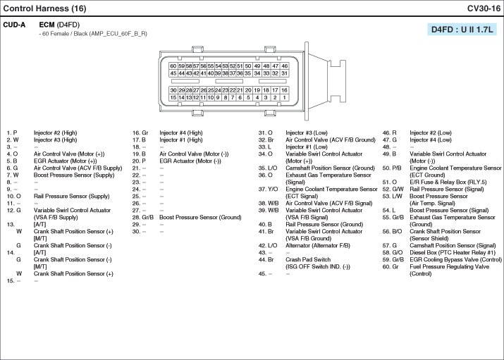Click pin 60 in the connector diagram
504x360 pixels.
point(173,66)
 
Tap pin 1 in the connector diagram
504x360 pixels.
point(284,97)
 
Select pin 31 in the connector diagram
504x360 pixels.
point(284,73)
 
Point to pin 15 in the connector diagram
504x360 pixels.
point(173,97)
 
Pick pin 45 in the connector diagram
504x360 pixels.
point(173,73)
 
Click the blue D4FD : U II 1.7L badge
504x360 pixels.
point(462,30)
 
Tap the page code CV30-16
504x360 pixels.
point(484,8)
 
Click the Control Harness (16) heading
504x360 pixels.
point(44,8)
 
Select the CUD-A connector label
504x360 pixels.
point(14,25)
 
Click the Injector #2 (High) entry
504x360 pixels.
point(55,133)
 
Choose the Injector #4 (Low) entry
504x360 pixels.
point(431,140)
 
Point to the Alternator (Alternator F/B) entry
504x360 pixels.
point(318,246)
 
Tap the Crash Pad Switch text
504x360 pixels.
point(308,259)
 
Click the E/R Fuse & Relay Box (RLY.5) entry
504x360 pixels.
point(448,182)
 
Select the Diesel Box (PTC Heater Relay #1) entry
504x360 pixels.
point(453,253)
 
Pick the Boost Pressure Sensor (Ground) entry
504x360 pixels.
point(200,218)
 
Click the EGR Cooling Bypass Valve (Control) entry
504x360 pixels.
point(455,260)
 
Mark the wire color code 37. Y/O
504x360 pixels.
point(268,189)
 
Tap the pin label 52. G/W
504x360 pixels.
point(393,189)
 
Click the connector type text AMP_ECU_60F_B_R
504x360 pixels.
point(118,34)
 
